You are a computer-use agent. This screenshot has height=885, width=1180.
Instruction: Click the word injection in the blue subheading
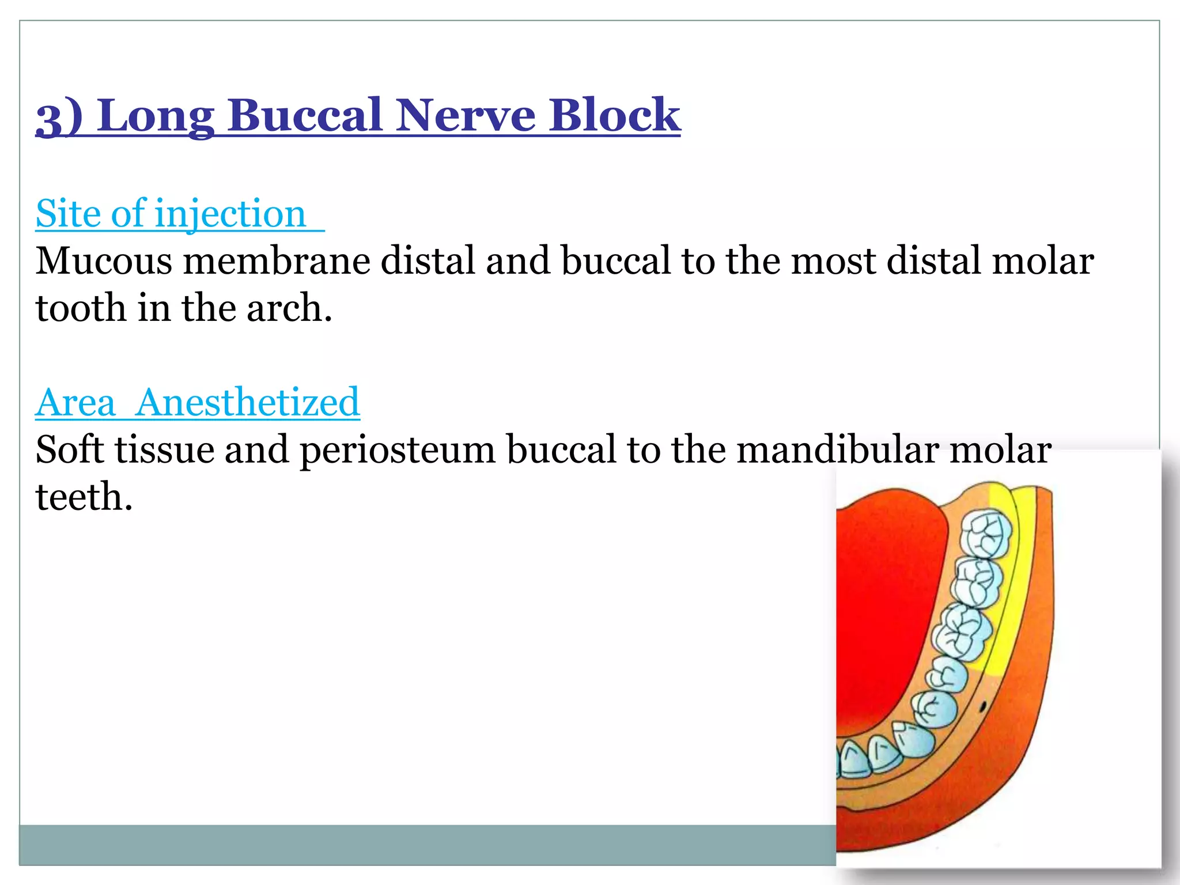tap(230, 214)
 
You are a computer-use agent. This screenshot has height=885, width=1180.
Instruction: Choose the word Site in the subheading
tap(68, 214)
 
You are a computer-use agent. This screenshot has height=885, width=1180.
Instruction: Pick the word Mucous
tap(104, 261)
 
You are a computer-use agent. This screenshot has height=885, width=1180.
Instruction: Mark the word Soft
tap(70, 450)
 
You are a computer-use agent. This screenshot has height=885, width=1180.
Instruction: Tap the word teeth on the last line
tap(84, 497)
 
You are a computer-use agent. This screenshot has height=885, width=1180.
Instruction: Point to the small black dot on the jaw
tap(984, 705)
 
